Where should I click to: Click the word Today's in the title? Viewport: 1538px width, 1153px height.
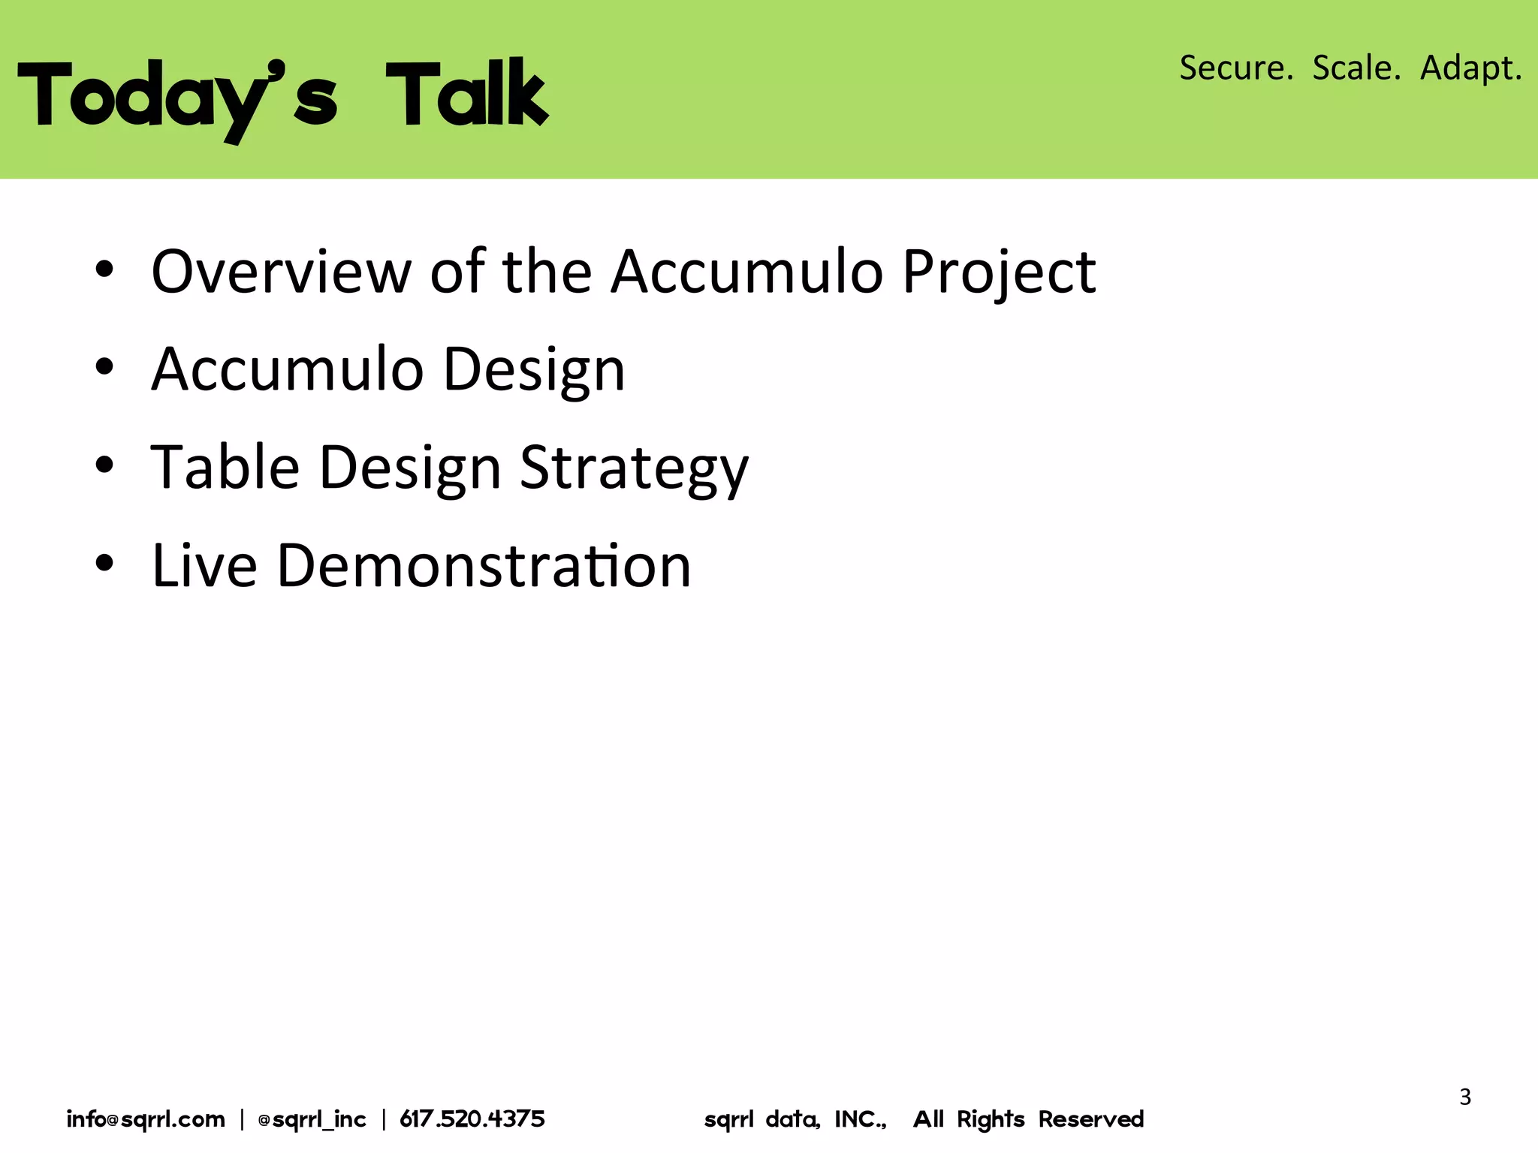point(177,96)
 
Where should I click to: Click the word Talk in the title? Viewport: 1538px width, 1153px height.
point(467,93)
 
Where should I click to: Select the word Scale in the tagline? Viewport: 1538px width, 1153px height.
point(1356,68)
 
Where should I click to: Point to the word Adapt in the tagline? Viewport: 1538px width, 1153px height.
point(1470,68)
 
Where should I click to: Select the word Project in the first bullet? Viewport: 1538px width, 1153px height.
point(999,271)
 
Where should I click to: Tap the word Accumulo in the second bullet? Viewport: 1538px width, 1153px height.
point(288,369)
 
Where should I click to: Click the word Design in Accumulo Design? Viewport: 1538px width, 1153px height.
point(534,370)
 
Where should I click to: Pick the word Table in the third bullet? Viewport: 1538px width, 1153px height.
point(225,467)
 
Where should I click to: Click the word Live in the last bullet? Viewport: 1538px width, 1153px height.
point(204,564)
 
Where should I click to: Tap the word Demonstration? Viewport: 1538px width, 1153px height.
point(484,564)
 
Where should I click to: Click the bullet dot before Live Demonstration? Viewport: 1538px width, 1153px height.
point(104,563)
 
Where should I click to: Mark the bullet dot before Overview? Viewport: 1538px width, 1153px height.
point(104,269)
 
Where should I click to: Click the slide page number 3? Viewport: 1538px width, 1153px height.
point(1465,1097)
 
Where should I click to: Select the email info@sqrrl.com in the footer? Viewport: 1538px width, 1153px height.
point(146,1119)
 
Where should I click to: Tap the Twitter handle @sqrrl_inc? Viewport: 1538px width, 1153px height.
point(312,1119)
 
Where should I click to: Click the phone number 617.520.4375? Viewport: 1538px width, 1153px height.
point(472,1119)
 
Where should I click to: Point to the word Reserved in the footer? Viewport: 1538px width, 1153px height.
point(1090,1119)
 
